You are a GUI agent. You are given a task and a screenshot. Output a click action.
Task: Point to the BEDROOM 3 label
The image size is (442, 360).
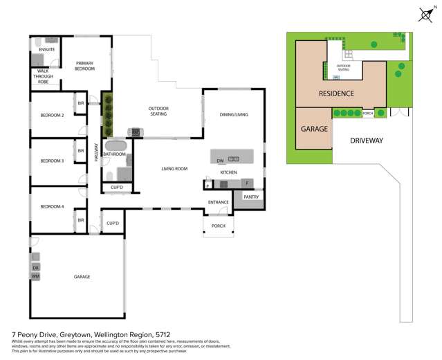click(52, 161)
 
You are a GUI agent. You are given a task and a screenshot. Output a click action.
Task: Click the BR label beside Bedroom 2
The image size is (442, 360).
click(81, 104)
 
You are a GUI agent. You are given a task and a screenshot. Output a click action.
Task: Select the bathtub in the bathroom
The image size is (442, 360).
click(115, 147)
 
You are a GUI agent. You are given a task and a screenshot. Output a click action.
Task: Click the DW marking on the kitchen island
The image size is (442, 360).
click(219, 160)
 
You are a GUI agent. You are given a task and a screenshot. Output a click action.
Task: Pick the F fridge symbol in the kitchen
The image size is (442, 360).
click(247, 183)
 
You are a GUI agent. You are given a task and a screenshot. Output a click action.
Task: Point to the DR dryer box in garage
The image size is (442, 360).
click(36, 267)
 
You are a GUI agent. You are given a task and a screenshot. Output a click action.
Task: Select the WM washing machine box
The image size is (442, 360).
click(36, 276)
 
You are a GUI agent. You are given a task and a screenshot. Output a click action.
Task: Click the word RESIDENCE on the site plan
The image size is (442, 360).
click(336, 93)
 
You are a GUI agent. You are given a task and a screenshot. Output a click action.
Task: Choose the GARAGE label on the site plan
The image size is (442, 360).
click(313, 129)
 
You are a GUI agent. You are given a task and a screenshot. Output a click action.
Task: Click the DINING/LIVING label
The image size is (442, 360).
click(234, 114)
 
